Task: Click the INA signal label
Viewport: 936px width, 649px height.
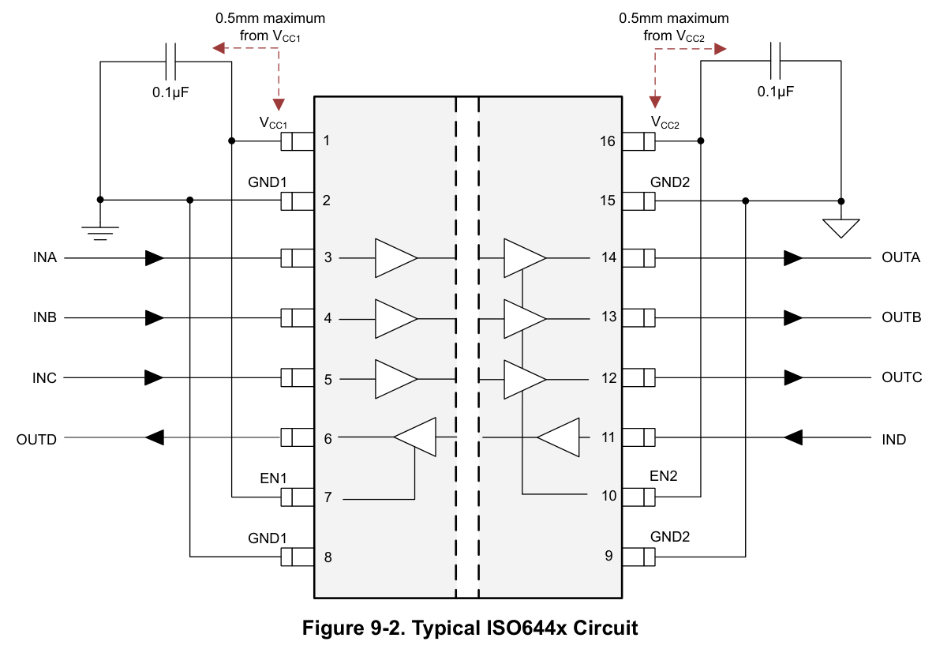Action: pyautogui.click(x=45, y=257)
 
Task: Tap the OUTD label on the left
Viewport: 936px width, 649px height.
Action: pyautogui.click(x=36, y=440)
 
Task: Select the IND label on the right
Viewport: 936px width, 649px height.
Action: pyautogui.click(x=893, y=440)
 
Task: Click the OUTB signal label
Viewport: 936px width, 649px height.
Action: pyautogui.click(x=901, y=317)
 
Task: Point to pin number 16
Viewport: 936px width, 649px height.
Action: pyautogui.click(x=608, y=141)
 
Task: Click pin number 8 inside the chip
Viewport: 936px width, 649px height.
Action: pyautogui.click(x=328, y=557)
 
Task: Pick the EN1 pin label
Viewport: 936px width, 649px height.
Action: pyautogui.click(x=273, y=478)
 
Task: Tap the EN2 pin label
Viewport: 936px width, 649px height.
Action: pyautogui.click(x=663, y=476)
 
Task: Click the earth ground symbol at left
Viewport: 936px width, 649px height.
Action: pyautogui.click(x=100, y=233)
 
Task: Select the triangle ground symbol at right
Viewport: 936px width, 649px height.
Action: pyautogui.click(x=841, y=227)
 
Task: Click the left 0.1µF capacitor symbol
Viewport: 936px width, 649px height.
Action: pyautogui.click(x=172, y=61)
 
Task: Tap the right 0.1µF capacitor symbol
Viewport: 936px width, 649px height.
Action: pyautogui.click(x=776, y=61)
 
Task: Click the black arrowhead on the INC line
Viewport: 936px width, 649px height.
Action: pyautogui.click(x=154, y=378)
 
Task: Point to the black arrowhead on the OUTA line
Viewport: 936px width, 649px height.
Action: pyautogui.click(x=792, y=258)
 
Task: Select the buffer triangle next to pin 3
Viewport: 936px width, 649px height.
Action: pyautogui.click(x=395, y=258)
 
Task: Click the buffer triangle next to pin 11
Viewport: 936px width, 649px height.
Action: pyautogui.click(x=558, y=437)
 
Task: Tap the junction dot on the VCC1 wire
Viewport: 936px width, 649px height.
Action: pyautogui.click(x=231, y=141)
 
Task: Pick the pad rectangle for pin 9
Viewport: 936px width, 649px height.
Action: pyautogui.click(x=638, y=557)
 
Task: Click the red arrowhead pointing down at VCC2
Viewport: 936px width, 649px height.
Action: pyautogui.click(x=655, y=102)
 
